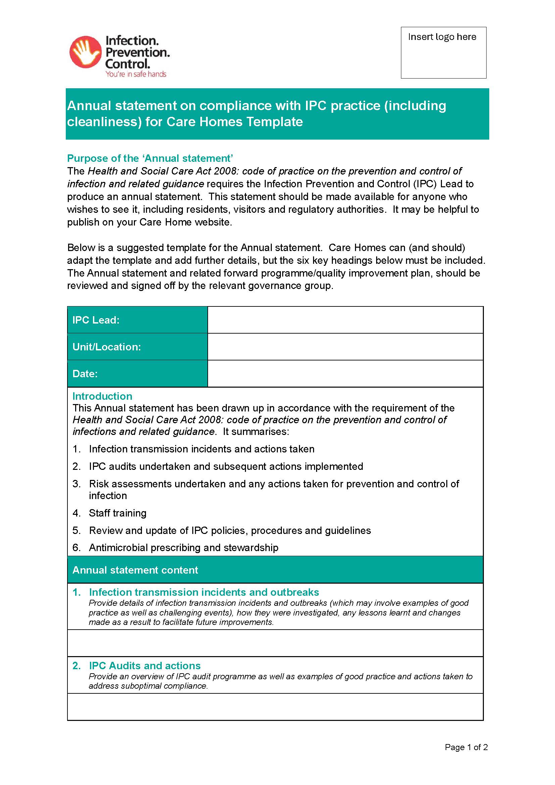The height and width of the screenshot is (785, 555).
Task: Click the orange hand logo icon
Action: coord(85,52)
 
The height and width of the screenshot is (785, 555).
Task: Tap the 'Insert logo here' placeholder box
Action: coord(443,53)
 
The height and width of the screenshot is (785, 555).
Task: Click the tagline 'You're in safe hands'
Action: coord(136,74)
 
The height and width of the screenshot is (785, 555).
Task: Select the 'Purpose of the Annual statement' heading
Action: coord(150,158)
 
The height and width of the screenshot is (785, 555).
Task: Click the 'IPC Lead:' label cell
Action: coord(137,320)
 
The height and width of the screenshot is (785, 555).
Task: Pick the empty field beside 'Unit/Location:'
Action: coord(345,347)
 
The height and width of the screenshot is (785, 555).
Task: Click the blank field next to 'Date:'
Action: coord(345,373)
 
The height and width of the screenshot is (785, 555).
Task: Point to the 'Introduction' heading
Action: coord(102,396)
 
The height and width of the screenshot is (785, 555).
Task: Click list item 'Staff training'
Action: coord(117,513)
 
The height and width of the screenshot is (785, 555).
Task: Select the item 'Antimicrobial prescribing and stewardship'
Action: coord(184,547)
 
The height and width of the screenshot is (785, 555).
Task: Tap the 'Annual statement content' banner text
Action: coord(135,570)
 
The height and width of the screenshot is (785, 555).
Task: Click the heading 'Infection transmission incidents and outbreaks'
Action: coord(204,592)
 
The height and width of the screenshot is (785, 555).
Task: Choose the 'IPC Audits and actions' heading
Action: coord(145,666)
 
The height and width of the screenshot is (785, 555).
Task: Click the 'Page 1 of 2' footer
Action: coord(466,747)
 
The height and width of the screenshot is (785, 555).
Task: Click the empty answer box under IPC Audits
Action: coord(275,707)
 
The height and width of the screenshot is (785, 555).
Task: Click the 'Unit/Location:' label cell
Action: coord(137,347)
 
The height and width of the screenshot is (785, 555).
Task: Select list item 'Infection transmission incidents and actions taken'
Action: coord(202,449)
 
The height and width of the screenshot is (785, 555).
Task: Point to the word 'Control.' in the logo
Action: coord(128,64)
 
